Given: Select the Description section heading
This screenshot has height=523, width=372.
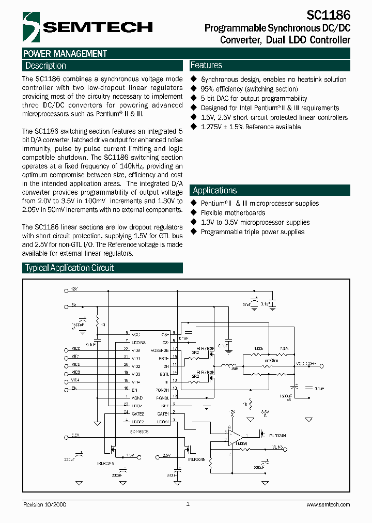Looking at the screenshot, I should [45, 66].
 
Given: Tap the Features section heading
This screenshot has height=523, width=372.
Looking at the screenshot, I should [206, 65].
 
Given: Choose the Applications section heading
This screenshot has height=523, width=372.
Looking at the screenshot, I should [214, 190].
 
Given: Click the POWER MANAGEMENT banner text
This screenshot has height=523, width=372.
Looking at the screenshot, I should [65, 53].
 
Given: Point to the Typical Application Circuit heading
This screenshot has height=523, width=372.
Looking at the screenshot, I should [69, 268].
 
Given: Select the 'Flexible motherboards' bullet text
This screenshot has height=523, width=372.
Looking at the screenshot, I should [233, 213].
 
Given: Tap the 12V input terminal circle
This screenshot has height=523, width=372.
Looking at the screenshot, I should [65, 290].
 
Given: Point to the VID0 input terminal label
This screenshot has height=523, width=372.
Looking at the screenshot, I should [75, 349].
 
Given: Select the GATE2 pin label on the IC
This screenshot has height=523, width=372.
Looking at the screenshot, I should [137, 414].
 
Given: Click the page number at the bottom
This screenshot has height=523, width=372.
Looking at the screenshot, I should [188, 504].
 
